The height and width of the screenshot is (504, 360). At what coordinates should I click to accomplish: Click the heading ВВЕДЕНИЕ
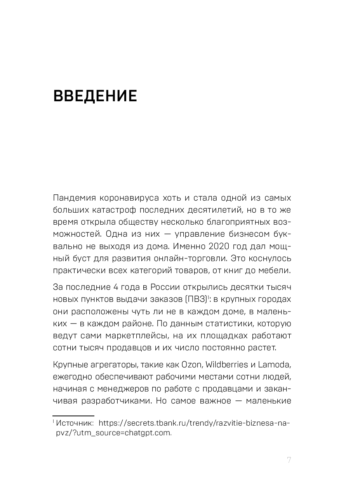pyautogui.click(x=95, y=96)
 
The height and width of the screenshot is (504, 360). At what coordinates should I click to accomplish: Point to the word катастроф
pyautogui.click(x=117, y=210)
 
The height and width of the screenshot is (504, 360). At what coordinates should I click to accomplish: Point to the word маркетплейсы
pyautogui.click(x=131, y=335)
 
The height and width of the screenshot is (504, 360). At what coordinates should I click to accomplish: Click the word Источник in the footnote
pyautogui.click(x=75, y=423)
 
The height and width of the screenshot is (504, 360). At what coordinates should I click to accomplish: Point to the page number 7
pyautogui.click(x=289, y=461)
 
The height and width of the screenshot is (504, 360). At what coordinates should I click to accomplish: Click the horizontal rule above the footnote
pyautogui.click(x=73, y=416)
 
